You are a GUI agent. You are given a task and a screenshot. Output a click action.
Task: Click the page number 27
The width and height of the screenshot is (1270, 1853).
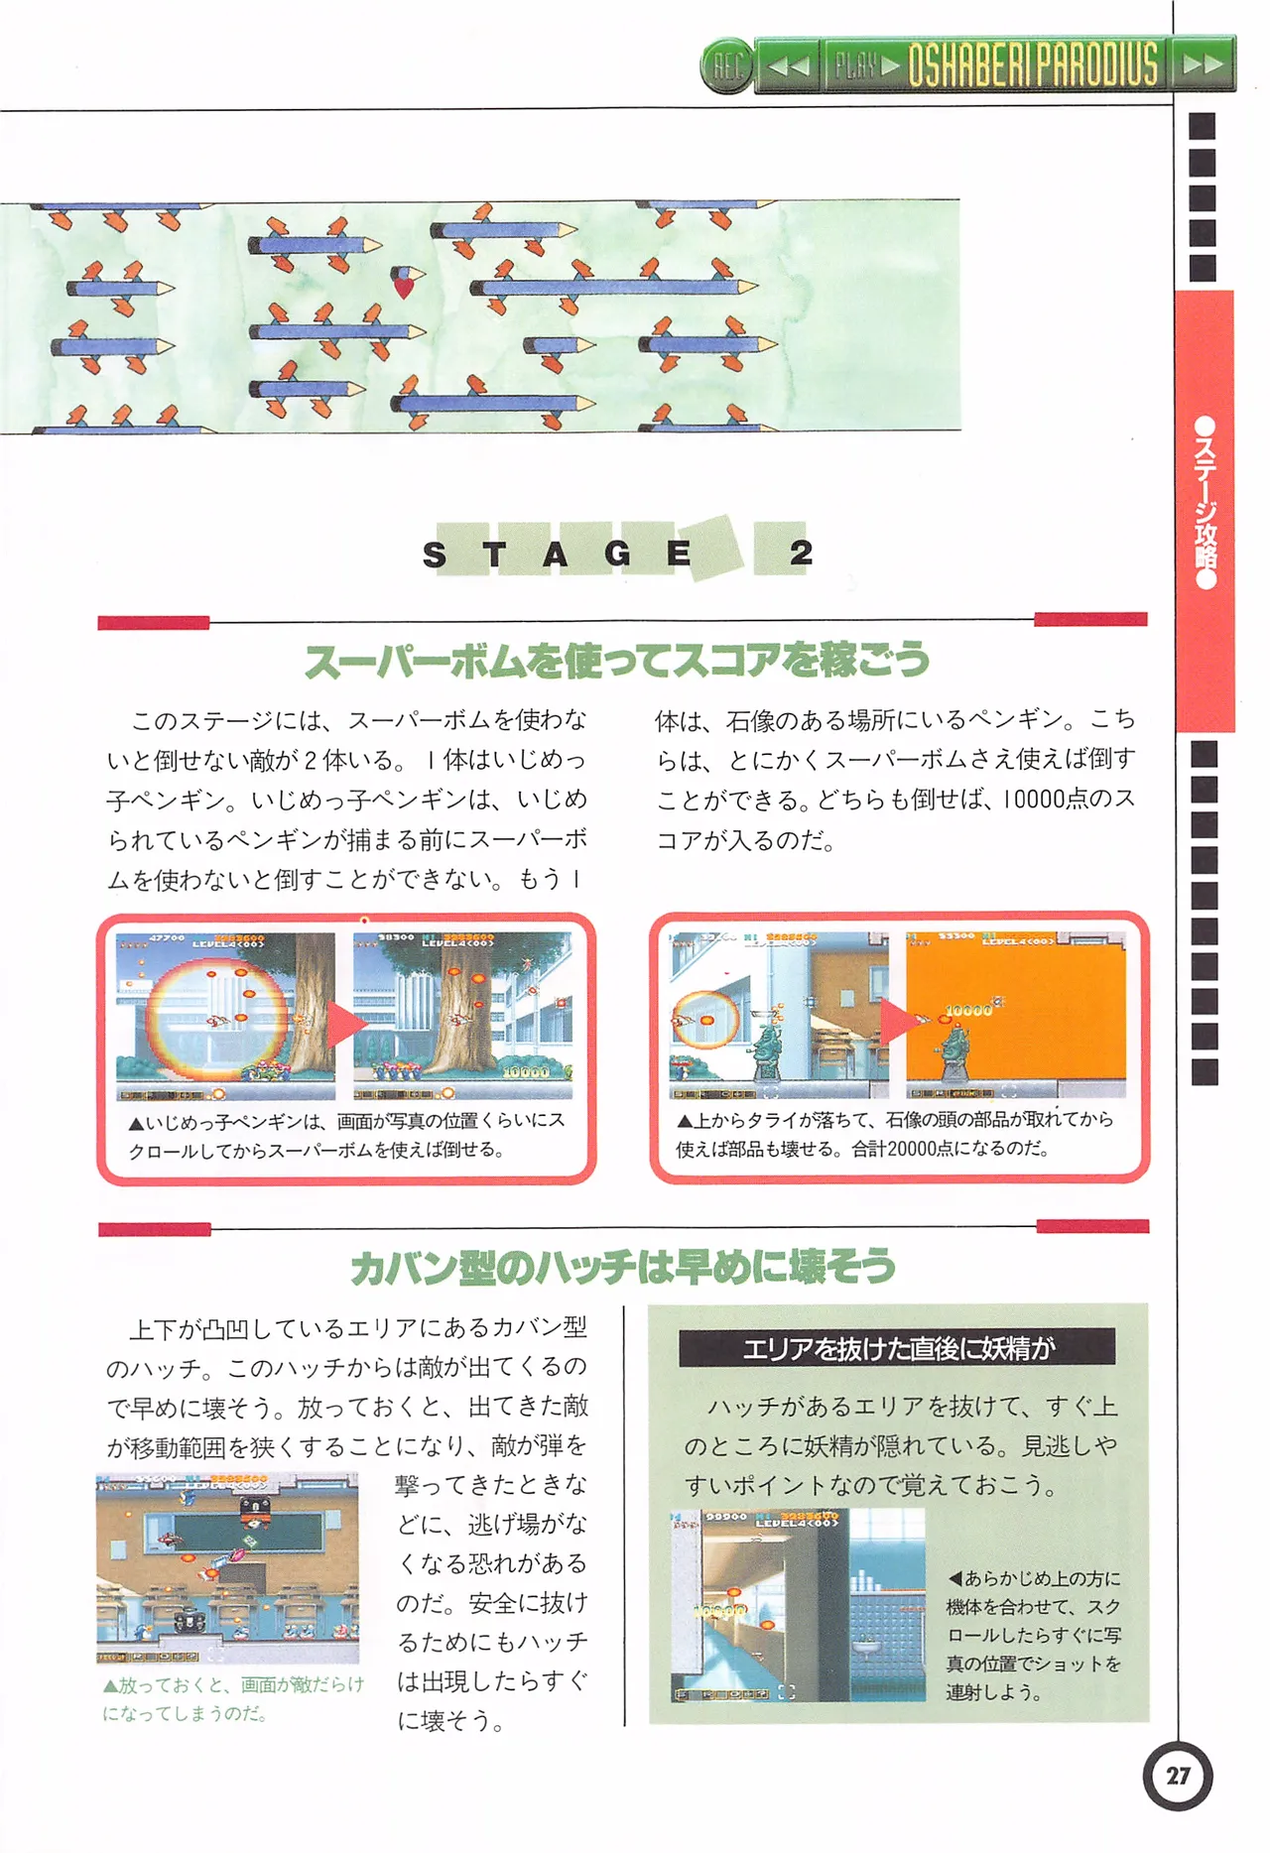coord(1178,1776)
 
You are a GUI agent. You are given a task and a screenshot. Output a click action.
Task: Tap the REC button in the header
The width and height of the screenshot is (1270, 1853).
coord(727,66)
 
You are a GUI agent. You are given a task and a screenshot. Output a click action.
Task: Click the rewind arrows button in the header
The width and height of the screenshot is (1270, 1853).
coord(790,66)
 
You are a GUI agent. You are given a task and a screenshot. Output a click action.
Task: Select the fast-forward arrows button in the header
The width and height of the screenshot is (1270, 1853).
coord(1203,65)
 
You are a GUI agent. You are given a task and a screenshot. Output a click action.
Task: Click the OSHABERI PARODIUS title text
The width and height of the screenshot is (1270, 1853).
coord(1033,65)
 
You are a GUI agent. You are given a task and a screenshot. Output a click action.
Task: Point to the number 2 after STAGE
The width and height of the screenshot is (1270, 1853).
coord(801,552)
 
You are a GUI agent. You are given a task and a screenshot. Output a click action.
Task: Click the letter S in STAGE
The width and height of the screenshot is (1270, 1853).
coord(435,555)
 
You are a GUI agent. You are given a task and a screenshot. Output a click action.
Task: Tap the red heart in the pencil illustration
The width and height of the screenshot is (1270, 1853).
coord(404,288)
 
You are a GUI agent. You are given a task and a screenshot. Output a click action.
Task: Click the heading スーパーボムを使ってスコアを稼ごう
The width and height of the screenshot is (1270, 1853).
coord(616,661)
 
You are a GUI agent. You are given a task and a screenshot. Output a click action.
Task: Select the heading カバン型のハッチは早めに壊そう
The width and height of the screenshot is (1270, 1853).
coord(623,1267)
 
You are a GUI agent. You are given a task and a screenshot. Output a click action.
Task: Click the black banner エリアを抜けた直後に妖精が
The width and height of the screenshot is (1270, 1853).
coord(897,1348)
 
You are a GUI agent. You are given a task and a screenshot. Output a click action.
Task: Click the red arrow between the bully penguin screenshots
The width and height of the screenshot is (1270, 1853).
coord(343,1022)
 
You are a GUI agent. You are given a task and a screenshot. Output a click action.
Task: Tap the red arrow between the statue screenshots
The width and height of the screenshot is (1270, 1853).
coord(896,1020)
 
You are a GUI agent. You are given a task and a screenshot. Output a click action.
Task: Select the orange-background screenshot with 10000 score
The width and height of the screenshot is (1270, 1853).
coord(1015,1015)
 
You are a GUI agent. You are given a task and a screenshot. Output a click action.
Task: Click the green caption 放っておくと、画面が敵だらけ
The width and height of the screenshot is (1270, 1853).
coord(234,1698)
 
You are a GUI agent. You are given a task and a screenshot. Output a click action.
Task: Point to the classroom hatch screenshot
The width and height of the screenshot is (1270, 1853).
coord(227,1568)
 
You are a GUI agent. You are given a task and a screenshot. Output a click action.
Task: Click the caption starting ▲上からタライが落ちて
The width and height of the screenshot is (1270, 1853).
coord(895,1134)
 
